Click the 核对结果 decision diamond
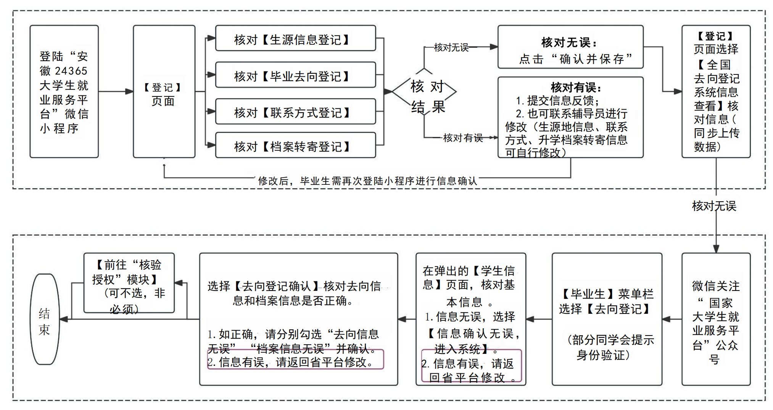[424, 92]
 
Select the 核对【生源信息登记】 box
[295, 38]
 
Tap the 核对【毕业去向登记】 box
[295, 75]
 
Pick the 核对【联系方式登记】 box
[295, 111]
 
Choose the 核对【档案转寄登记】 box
[295, 145]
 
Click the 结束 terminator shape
[45, 319]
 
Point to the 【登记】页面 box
[164, 92]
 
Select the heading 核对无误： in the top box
[568, 42]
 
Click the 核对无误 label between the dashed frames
[714, 206]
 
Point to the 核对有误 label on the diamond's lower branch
[463, 138]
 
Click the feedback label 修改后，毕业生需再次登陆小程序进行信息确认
[367, 181]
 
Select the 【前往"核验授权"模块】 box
[129, 283]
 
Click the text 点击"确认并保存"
[576, 59]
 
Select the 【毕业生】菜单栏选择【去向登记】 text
[606, 301]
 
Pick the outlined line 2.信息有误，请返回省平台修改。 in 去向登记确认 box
[295, 362]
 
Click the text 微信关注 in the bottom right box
[715, 286]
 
